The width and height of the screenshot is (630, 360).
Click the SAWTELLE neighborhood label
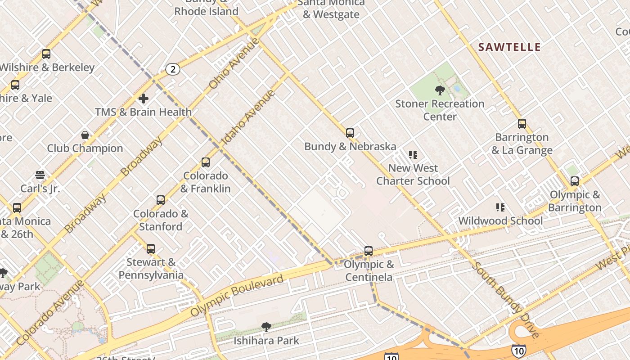click(509, 47)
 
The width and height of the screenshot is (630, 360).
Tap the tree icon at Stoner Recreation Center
click(440, 90)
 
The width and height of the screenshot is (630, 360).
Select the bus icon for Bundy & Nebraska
click(350, 133)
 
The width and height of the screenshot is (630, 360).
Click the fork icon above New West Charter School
click(413, 155)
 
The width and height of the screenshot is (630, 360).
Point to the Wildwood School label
click(500, 221)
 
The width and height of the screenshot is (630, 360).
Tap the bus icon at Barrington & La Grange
click(522, 124)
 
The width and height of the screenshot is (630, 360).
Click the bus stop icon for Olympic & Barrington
click(575, 181)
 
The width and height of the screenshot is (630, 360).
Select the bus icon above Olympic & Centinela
click(369, 251)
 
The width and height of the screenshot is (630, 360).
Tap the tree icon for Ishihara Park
click(266, 327)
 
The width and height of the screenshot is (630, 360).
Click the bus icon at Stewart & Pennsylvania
click(151, 248)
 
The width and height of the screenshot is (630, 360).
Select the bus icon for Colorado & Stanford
click(161, 200)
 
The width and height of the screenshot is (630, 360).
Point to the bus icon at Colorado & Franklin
click(206, 162)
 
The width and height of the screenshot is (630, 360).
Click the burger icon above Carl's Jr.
click(40, 175)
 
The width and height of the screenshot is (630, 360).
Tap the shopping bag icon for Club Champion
click(85, 135)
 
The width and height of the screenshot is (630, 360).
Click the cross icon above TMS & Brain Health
click(144, 99)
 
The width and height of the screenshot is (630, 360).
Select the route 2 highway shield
click(173, 69)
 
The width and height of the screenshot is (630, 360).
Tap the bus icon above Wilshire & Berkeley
click(46, 54)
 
